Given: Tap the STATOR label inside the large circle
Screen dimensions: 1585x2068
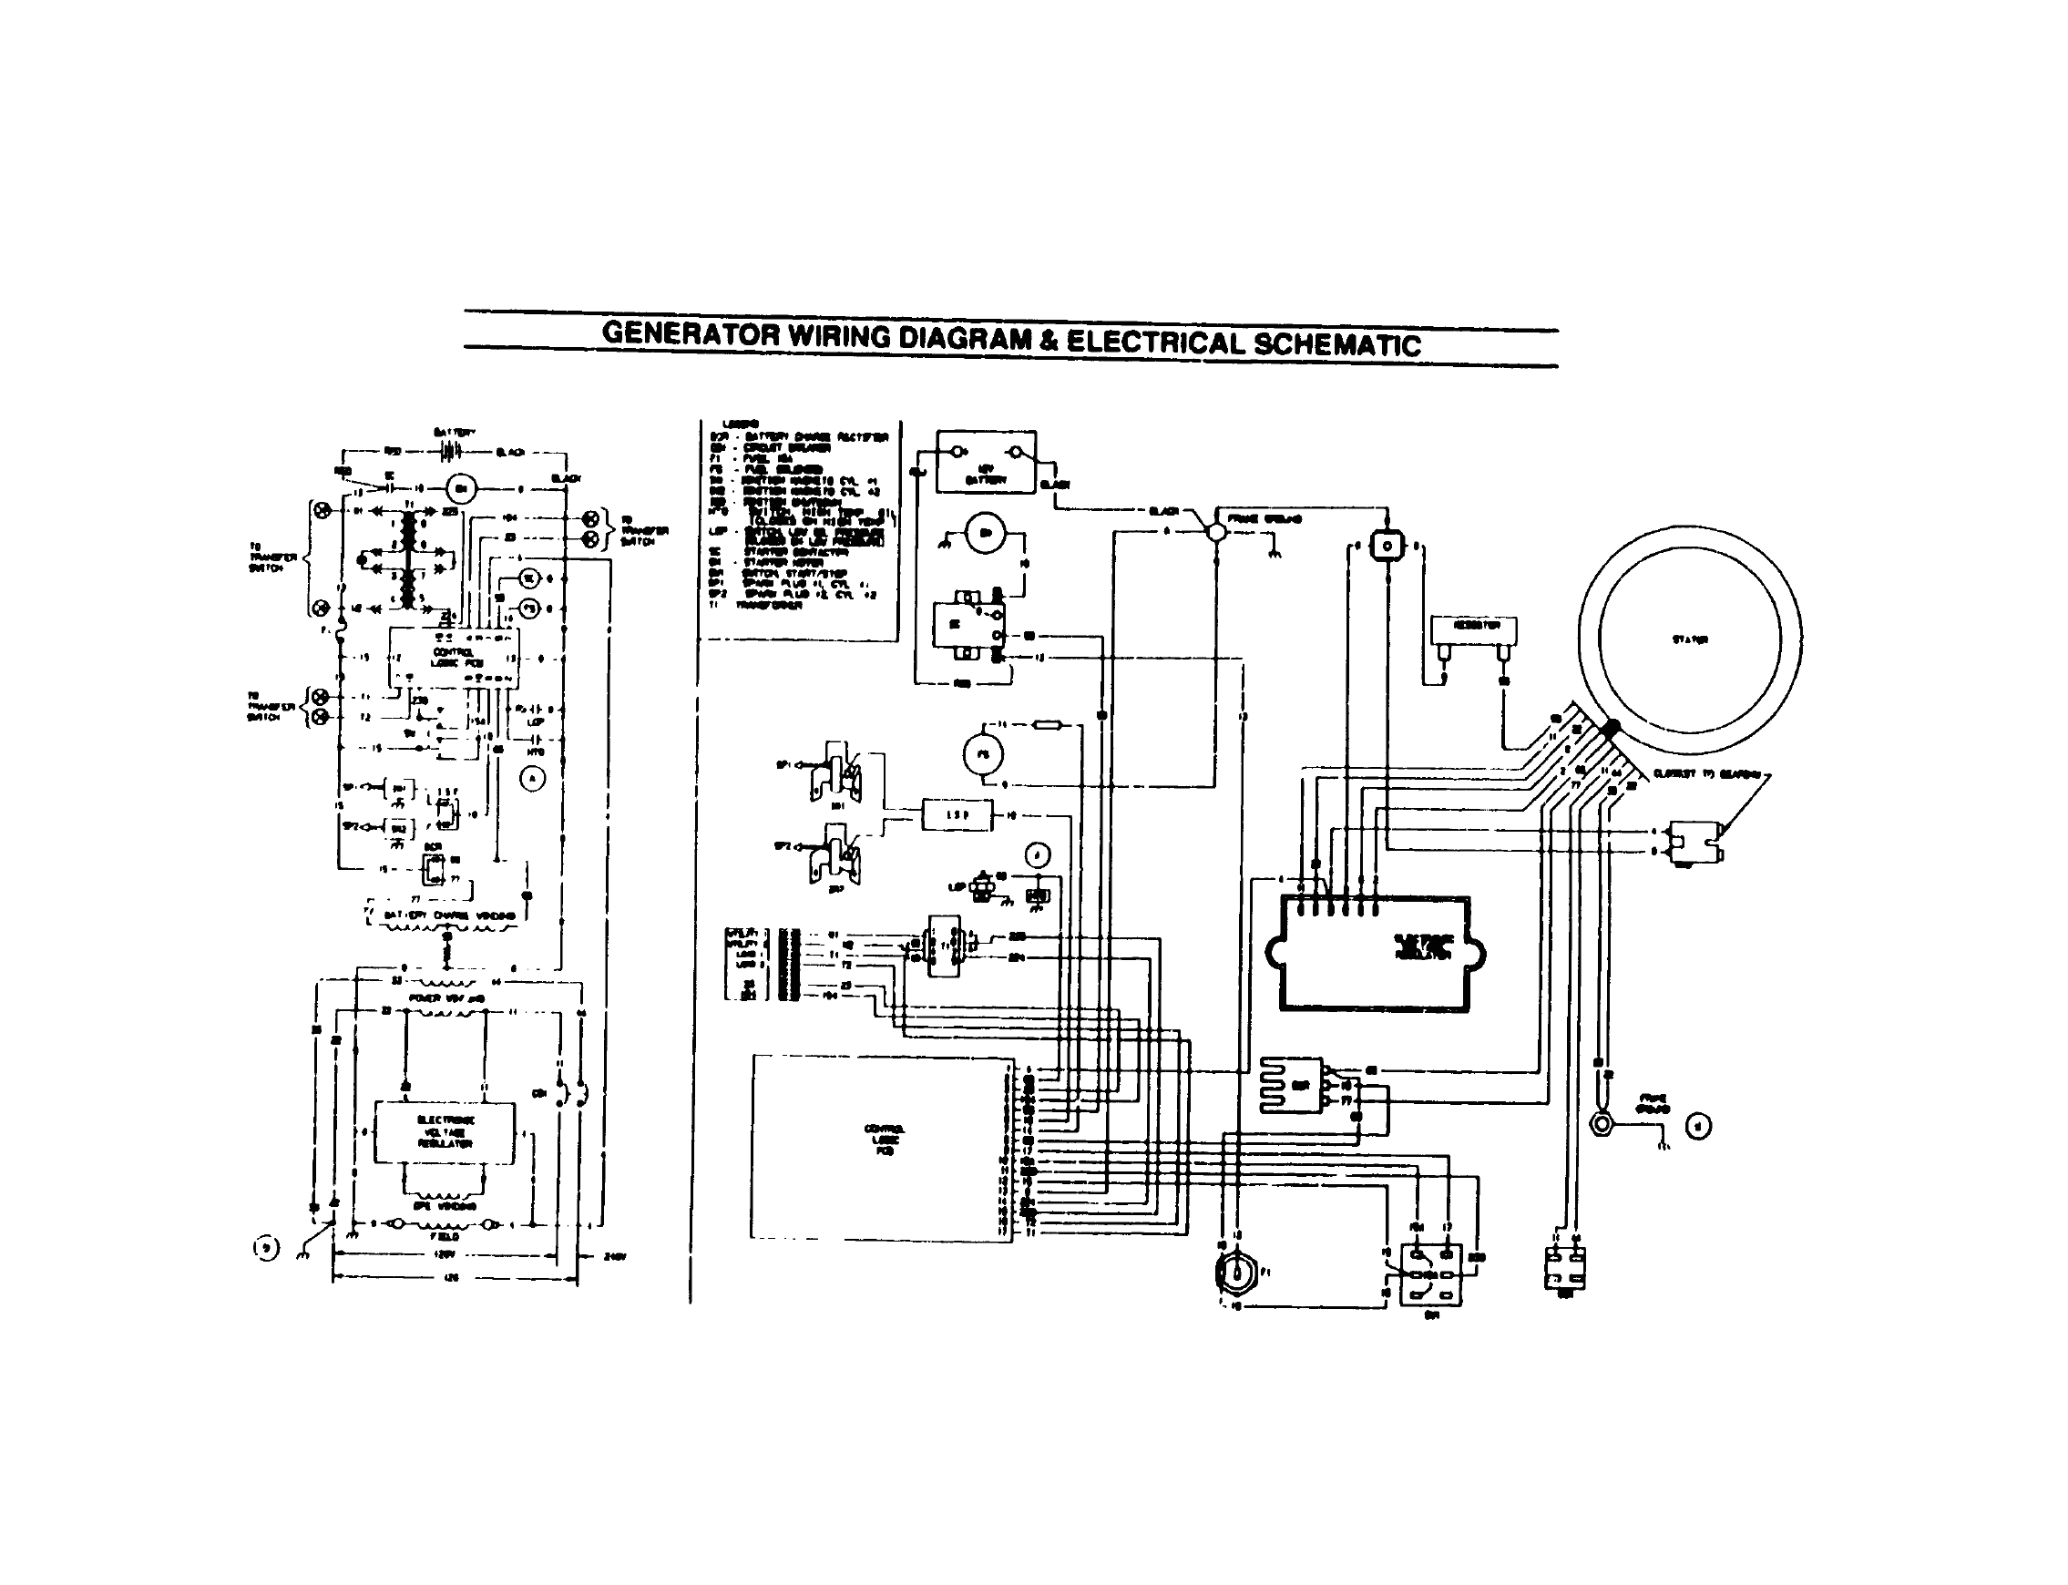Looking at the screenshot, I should pos(1689,639).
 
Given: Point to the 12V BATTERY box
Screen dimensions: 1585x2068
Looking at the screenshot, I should pos(985,463).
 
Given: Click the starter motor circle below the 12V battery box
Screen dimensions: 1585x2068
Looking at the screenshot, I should pos(986,533).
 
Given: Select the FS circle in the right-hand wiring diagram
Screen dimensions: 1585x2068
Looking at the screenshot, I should pos(983,754).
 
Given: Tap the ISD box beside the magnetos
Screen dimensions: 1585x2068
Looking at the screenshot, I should pos(957,814).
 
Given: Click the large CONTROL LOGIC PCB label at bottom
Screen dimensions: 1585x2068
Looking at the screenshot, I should pos(884,1140).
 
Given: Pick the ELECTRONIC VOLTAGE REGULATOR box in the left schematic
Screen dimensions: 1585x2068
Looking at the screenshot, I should pos(445,1132).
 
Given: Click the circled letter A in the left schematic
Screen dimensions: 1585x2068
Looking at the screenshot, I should pos(533,777).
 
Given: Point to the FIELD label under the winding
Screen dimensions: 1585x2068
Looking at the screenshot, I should pos(445,1236).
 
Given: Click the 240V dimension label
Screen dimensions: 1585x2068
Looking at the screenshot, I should pos(614,1257).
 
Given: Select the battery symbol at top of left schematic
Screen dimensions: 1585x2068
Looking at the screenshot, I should pos(450,452).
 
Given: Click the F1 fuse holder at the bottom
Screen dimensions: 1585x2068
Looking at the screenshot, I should pos(1234,1272).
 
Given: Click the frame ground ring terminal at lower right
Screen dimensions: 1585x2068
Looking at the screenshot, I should pos(1601,1125).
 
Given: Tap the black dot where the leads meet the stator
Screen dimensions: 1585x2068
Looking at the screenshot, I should pos(1612,727).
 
